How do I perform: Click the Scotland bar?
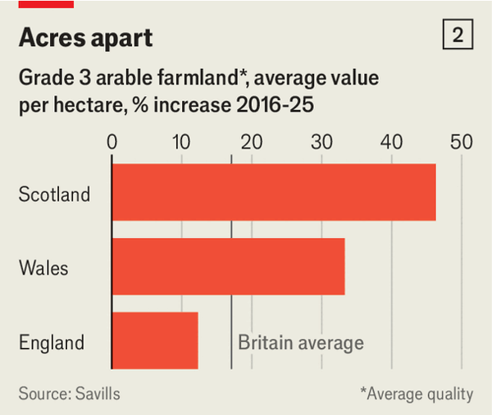(273, 193)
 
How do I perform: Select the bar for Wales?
(228, 267)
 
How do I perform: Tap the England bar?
(155, 340)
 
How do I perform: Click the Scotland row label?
(54, 194)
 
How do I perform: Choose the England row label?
(52, 342)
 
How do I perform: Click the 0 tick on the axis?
(112, 141)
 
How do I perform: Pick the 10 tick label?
(182, 141)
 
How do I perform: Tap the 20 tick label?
(252, 141)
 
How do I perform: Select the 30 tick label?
(322, 141)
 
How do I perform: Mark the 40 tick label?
(392, 141)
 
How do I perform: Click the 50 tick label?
(462, 141)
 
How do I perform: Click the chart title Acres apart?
(86, 38)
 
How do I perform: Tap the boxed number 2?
(458, 35)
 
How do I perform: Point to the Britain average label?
(300, 342)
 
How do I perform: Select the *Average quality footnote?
(417, 394)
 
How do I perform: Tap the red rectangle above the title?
(46, 4)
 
